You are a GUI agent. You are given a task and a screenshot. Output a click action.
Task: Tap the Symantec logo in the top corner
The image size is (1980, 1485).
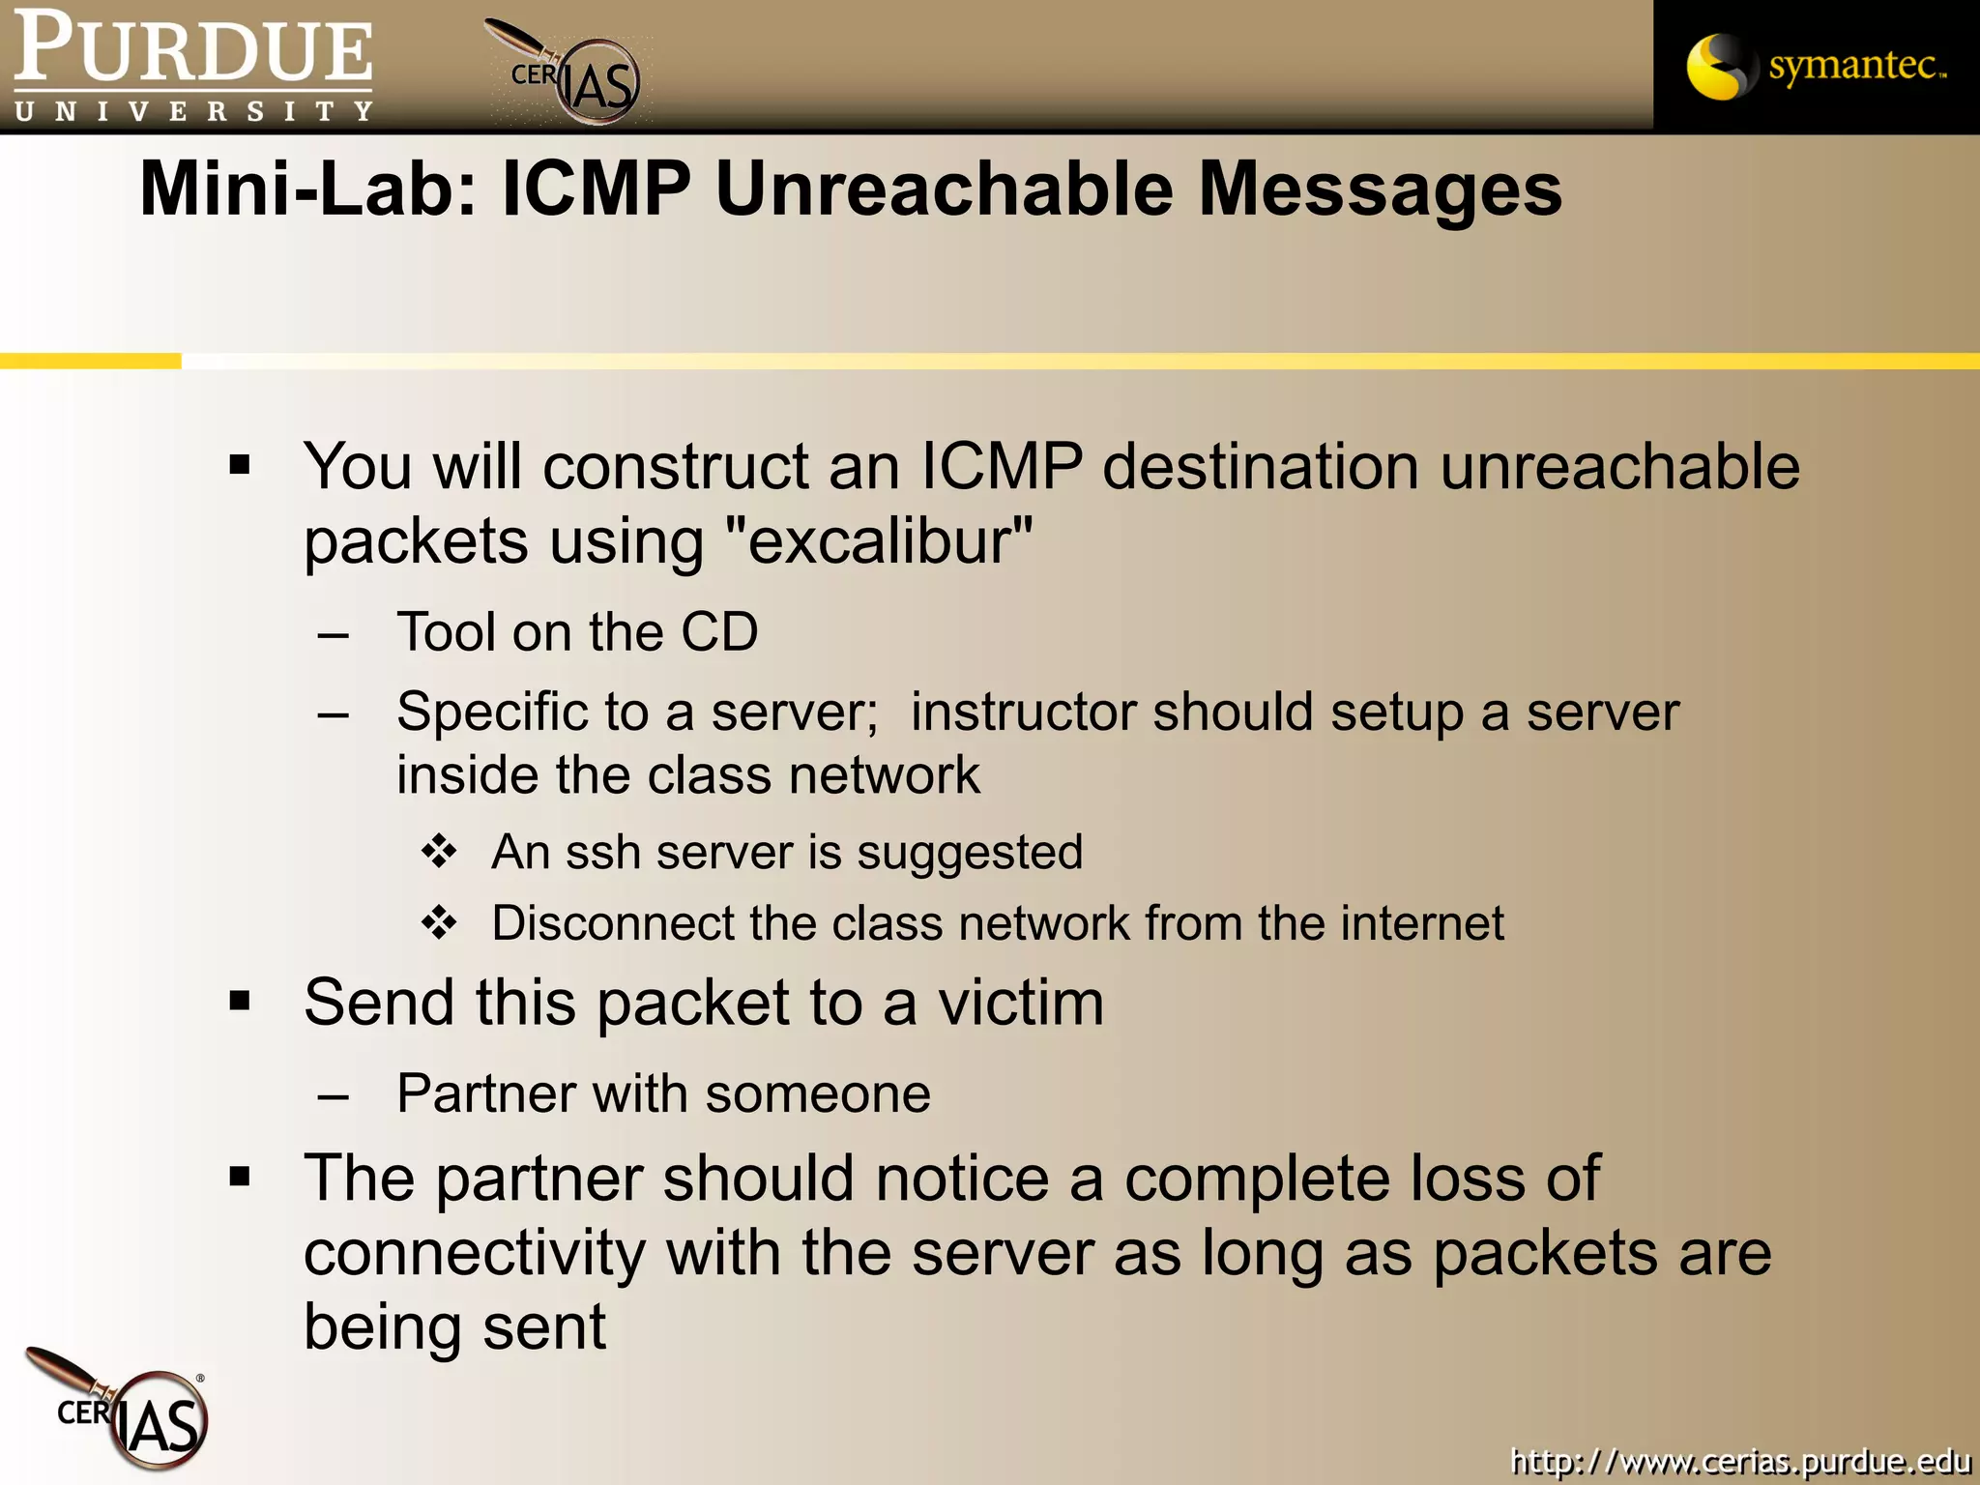(x=1816, y=66)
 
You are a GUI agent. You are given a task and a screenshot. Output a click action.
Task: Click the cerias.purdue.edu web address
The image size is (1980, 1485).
(x=1740, y=1460)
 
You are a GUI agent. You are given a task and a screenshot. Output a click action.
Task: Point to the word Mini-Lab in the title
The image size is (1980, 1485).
(x=309, y=189)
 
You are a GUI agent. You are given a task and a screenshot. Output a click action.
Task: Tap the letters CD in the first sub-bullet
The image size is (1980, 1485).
(x=719, y=632)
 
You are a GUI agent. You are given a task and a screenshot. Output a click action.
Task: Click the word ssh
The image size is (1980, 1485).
(x=603, y=853)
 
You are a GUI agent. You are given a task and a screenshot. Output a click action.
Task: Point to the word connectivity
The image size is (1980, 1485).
(x=474, y=1253)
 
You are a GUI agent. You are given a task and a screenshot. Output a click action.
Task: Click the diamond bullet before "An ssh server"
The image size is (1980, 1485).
(x=439, y=852)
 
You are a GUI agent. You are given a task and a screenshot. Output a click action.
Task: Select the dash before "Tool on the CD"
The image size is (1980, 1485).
(x=333, y=635)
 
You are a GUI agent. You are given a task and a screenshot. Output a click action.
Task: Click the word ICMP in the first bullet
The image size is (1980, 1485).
(x=1002, y=467)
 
